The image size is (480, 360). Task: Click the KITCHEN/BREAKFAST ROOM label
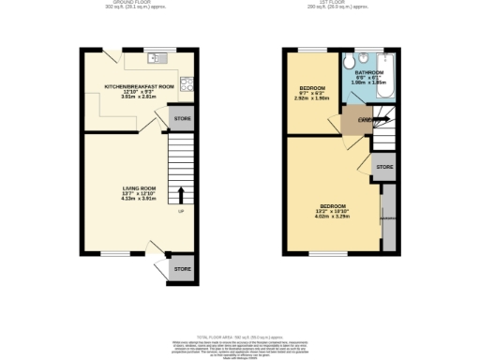pyautogui.click(x=140, y=86)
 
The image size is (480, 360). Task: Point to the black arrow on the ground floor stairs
pyautogui.click(x=181, y=195)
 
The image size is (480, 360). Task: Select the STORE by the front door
pyautogui.click(x=181, y=269)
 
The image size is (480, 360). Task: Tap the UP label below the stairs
pyautogui.click(x=181, y=210)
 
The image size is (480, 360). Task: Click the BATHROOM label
pyautogui.click(x=368, y=72)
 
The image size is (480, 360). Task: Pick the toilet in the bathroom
pyautogui.click(x=349, y=62)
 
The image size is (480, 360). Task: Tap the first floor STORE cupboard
pyautogui.click(x=383, y=167)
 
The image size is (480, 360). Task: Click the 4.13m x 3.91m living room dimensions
pyautogui.click(x=139, y=199)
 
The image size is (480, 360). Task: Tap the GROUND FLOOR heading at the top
pyautogui.click(x=139, y=3)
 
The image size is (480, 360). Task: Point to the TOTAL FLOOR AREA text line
pyautogui.click(x=239, y=335)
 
